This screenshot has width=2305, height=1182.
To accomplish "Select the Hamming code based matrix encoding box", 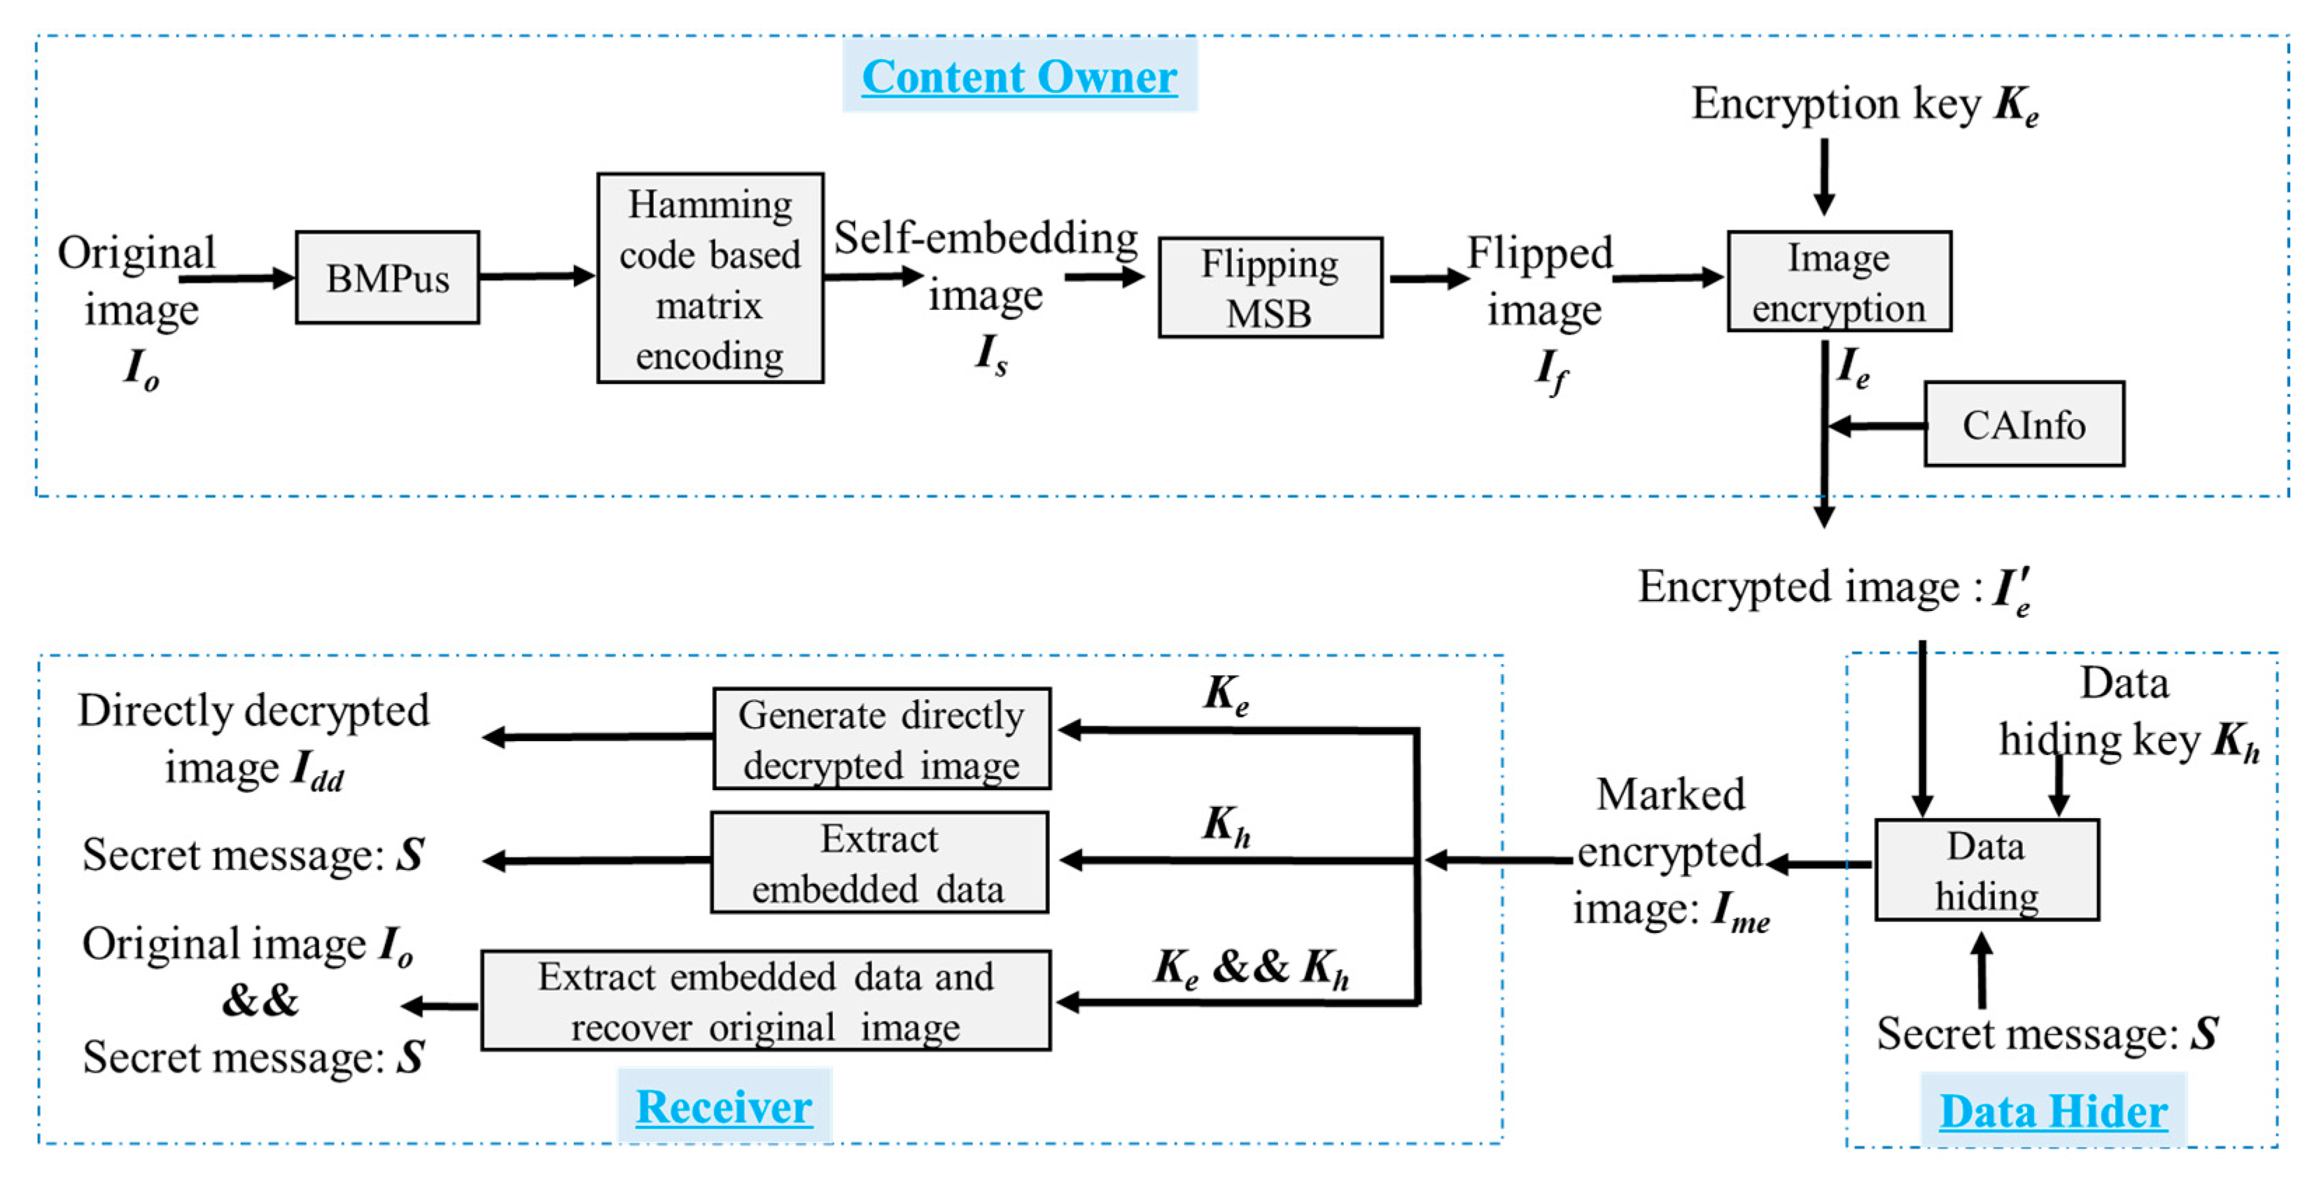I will click(x=710, y=279).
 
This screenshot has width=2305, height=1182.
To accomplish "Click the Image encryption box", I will click(x=1839, y=282).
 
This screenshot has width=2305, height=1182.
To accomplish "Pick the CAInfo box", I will click(x=2024, y=425).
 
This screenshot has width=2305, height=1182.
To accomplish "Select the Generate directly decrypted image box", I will click(x=881, y=739).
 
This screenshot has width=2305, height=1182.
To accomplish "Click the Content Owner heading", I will click(x=1019, y=76).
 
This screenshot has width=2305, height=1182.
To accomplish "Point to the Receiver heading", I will click(x=724, y=1107).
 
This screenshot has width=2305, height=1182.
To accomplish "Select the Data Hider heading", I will click(x=2053, y=1111).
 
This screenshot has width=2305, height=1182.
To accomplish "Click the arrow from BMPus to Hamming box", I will click(x=537, y=276).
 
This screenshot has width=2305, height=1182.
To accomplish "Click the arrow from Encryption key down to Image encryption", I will click(x=1825, y=177).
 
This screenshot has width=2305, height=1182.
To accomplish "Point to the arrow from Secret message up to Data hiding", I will click(x=1982, y=971).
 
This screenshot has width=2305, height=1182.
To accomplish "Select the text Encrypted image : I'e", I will click(x=1835, y=589).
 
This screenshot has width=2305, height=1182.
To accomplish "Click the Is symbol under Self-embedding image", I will click(x=991, y=354).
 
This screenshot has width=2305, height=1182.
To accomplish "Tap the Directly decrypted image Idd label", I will click(x=253, y=739).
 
